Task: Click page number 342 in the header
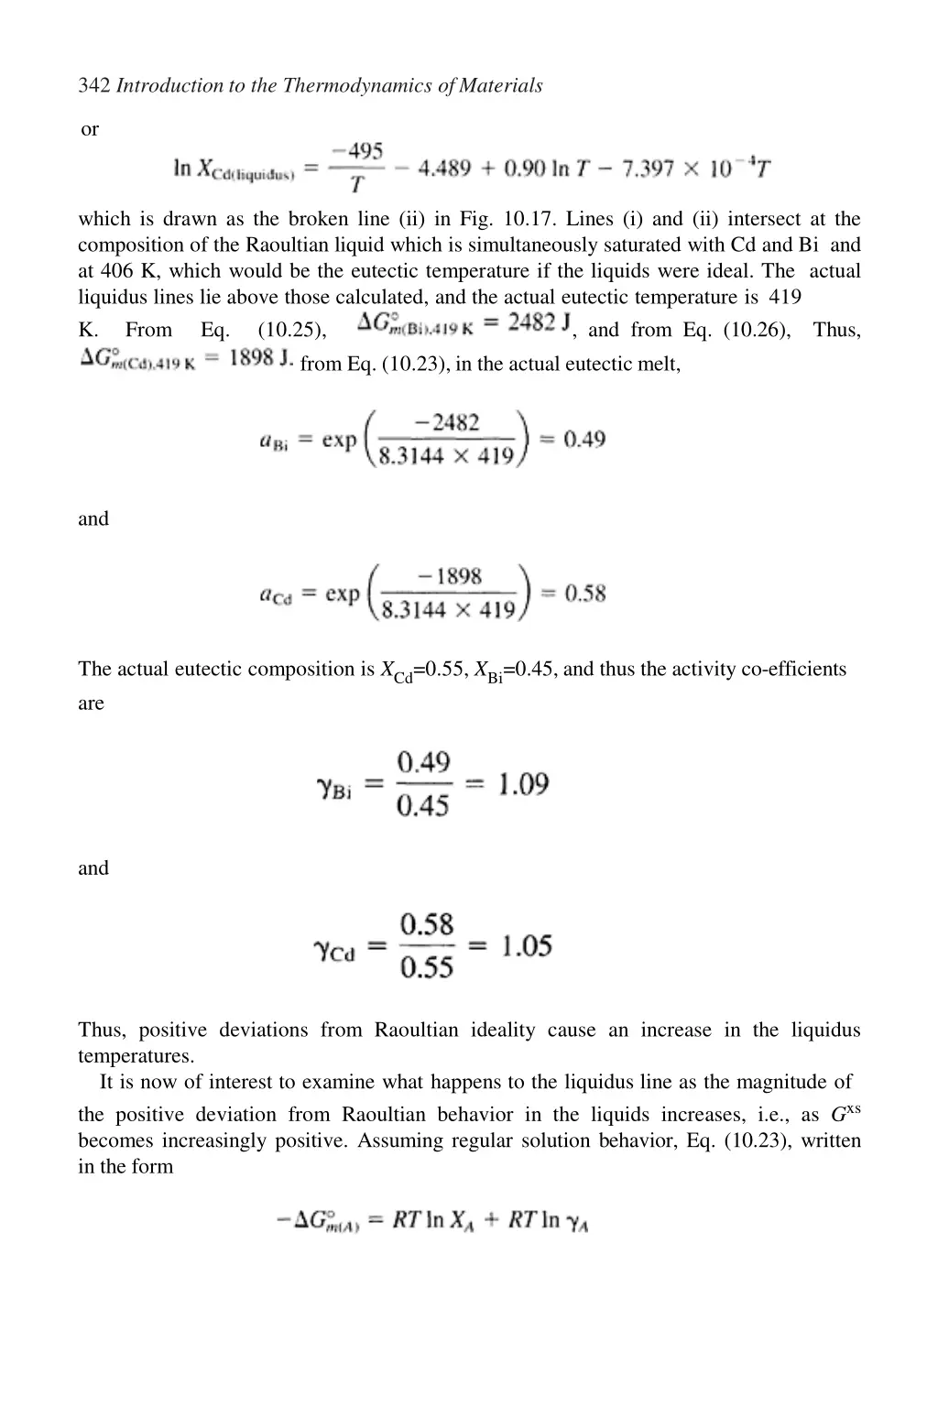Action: point(94,86)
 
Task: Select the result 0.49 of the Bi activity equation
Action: point(584,440)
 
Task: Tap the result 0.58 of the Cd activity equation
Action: point(584,594)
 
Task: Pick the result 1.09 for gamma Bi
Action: point(523,785)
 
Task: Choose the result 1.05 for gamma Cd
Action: point(526,945)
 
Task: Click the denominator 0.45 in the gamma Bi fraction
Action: point(423,806)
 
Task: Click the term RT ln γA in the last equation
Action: point(549,1221)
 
